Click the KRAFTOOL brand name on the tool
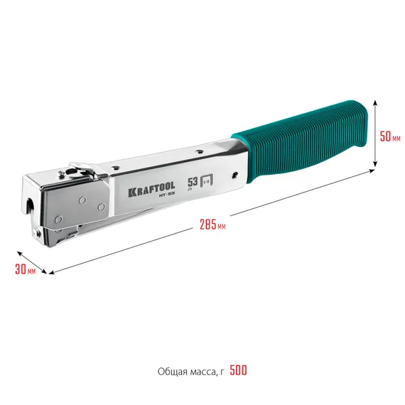pos(151,191)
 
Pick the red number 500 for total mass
pos(239,371)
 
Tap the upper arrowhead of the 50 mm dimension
pos(375,102)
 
